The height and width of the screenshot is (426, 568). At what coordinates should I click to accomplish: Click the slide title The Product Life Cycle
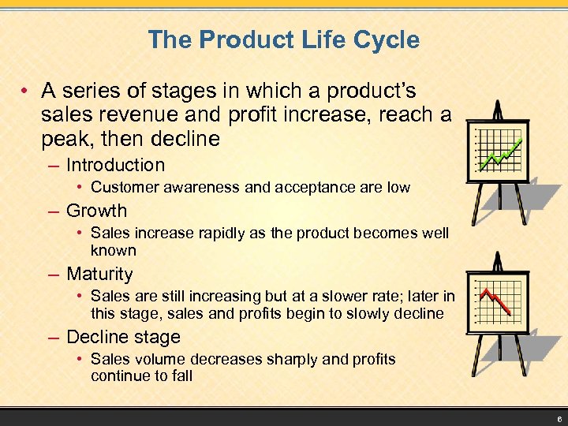(283, 39)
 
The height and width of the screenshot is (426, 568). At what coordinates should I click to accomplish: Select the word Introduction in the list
(115, 165)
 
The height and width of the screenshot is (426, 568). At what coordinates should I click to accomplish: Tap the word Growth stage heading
(96, 211)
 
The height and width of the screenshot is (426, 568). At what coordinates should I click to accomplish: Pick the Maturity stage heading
(99, 275)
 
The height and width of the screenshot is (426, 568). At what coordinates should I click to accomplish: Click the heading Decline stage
(123, 337)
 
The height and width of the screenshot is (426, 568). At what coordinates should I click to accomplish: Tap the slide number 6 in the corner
(558, 418)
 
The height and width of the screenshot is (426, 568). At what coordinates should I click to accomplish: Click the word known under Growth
(114, 251)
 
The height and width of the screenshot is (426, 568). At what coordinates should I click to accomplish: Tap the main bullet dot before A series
(26, 92)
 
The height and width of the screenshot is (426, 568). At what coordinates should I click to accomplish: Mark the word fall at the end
(181, 376)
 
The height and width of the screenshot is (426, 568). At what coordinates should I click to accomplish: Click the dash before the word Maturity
(53, 275)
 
